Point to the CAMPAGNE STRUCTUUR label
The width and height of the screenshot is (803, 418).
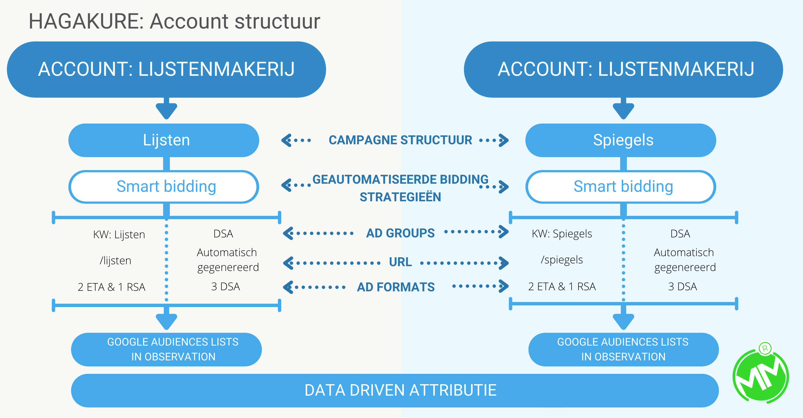[x=400, y=140]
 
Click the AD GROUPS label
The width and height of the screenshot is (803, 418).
[x=400, y=233]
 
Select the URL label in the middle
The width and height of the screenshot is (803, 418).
[x=400, y=262]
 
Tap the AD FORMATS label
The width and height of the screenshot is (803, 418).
[x=395, y=287]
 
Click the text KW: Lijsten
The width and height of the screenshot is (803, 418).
[x=119, y=234]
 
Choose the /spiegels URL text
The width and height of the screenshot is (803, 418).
[x=562, y=259]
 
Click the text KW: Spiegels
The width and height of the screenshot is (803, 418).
[x=562, y=234]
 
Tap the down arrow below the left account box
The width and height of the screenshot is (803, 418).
[x=167, y=110]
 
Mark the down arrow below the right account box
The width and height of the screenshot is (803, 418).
[x=624, y=110]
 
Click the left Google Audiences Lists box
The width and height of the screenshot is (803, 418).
[x=167, y=349]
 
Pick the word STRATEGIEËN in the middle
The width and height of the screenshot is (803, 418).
[x=400, y=197]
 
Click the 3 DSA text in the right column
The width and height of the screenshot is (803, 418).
[x=682, y=286]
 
